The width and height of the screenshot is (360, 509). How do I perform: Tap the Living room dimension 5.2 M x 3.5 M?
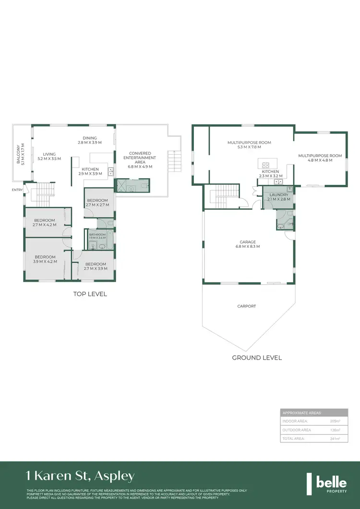coord(49,158)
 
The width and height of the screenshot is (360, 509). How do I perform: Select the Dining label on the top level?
coord(89,138)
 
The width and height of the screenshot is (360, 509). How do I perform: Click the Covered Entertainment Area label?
coord(140,158)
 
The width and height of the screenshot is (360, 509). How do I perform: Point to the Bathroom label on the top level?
coord(97,234)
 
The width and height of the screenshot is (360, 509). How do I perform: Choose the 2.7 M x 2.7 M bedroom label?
coord(97,202)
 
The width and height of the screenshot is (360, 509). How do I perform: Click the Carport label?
coord(247,306)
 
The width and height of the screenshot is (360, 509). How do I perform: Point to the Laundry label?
coord(278,194)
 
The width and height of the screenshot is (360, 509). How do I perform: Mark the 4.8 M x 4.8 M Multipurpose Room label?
coord(320,156)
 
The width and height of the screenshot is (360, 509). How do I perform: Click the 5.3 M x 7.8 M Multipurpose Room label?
coord(249,143)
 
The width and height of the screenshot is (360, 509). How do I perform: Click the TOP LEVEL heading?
coord(90,294)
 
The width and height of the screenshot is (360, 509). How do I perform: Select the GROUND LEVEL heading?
coord(257,357)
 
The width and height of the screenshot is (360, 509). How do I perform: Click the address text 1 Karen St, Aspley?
coord(80,476)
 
